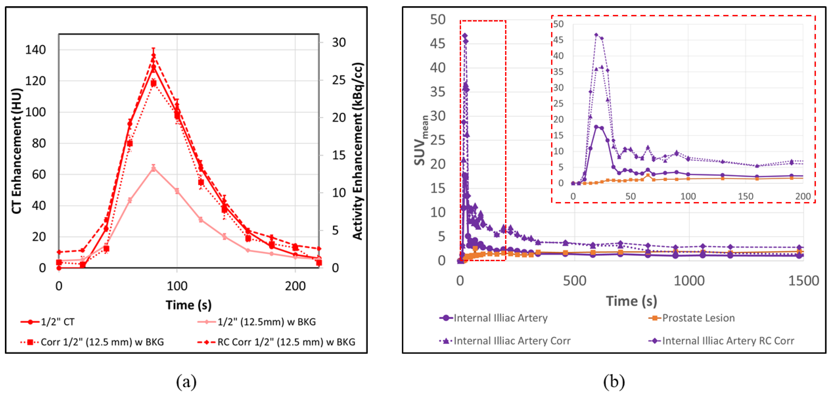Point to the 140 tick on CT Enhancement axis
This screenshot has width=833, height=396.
(36, 50)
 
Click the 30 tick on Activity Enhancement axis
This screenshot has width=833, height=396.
(339, 42)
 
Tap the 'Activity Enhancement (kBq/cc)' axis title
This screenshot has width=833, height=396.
(358, 151)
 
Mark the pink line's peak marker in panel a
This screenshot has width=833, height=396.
(154, 169)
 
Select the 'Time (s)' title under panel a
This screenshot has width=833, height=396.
(189, 305)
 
